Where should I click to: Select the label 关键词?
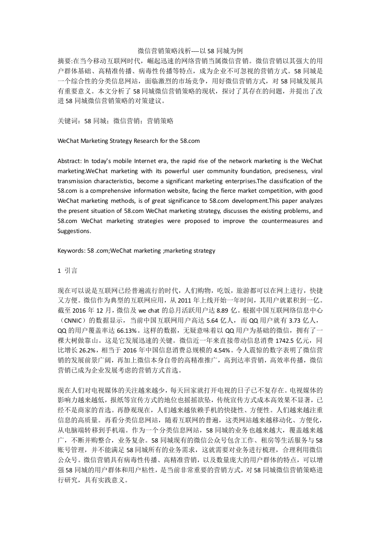point(66,121)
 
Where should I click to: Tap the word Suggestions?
point(74,231)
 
